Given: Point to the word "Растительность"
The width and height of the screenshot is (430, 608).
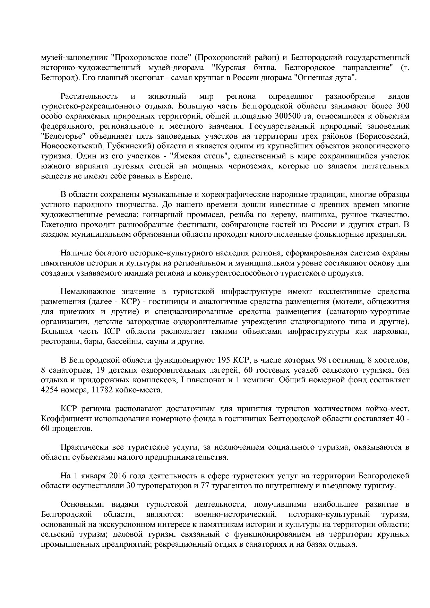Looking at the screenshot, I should point(89,96).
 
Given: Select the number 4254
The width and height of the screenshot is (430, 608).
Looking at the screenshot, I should point(51,390).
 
